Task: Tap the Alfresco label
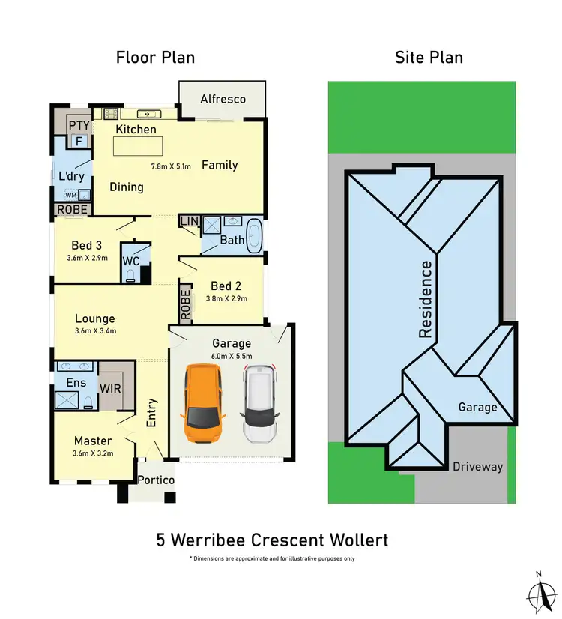click(x=223, y=100)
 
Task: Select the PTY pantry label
click(x=79, y=124)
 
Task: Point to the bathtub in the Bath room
click(x=256, y=235)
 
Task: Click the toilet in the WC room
click(x=132, y=275)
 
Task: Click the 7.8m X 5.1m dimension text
click(x=172, y=166)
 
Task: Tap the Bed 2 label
click(x=226, y=286)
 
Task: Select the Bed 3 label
click(x=87, y=245)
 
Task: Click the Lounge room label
click(x=94, y=318)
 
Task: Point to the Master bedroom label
click(x=93, y=441)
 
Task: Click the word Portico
click(x=157, y=480)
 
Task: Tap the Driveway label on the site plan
click(x=477, y=466)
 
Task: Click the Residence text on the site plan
click(x=426, y=299)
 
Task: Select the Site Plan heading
click(x=429, y=58)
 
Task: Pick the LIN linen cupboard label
click(x=188, y=220)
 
